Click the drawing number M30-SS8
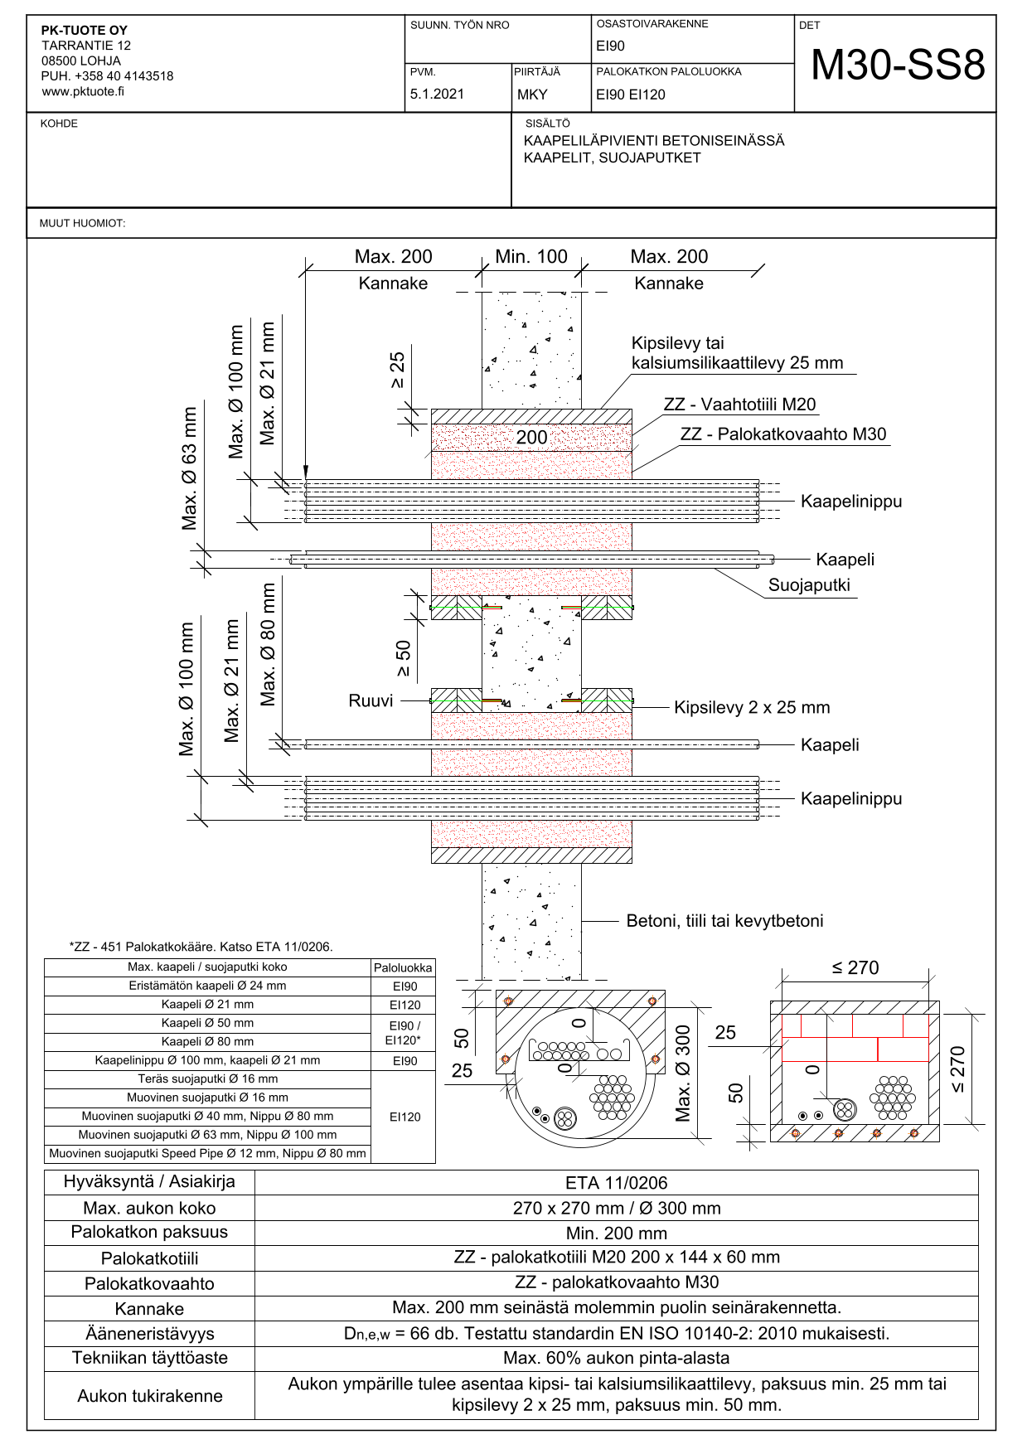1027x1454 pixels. [x=898, y=65]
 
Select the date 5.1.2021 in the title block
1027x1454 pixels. [x=437, y=95]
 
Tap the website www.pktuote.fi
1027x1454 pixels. [x=83, y=91]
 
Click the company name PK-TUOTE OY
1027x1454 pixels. [x=85, y=31]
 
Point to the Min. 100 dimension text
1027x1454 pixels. [x=531, y=257]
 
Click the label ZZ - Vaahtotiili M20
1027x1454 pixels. [x=739, y=405]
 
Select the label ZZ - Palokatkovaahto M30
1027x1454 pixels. [x=783, y=434]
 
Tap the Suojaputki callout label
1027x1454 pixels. [x=809, y=585]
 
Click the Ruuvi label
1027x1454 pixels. [x=371, y=701]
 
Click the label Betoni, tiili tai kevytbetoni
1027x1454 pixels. [x=724, y=921]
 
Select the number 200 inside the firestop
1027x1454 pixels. [x=531, y=438]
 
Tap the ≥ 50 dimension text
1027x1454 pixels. [x=404, y=658]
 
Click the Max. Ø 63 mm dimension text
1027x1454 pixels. [x=190, y=468]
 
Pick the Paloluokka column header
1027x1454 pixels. [x=403, y=967]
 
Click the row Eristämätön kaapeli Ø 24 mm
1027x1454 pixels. [x=207, y=986]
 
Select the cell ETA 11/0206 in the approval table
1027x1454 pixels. [x=616, y=1183]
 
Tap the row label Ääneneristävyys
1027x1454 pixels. [x=150, y=1334]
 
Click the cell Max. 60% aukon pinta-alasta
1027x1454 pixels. [x=616, y=1359]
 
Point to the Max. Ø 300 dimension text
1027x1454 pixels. [x=683, y=1074]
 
